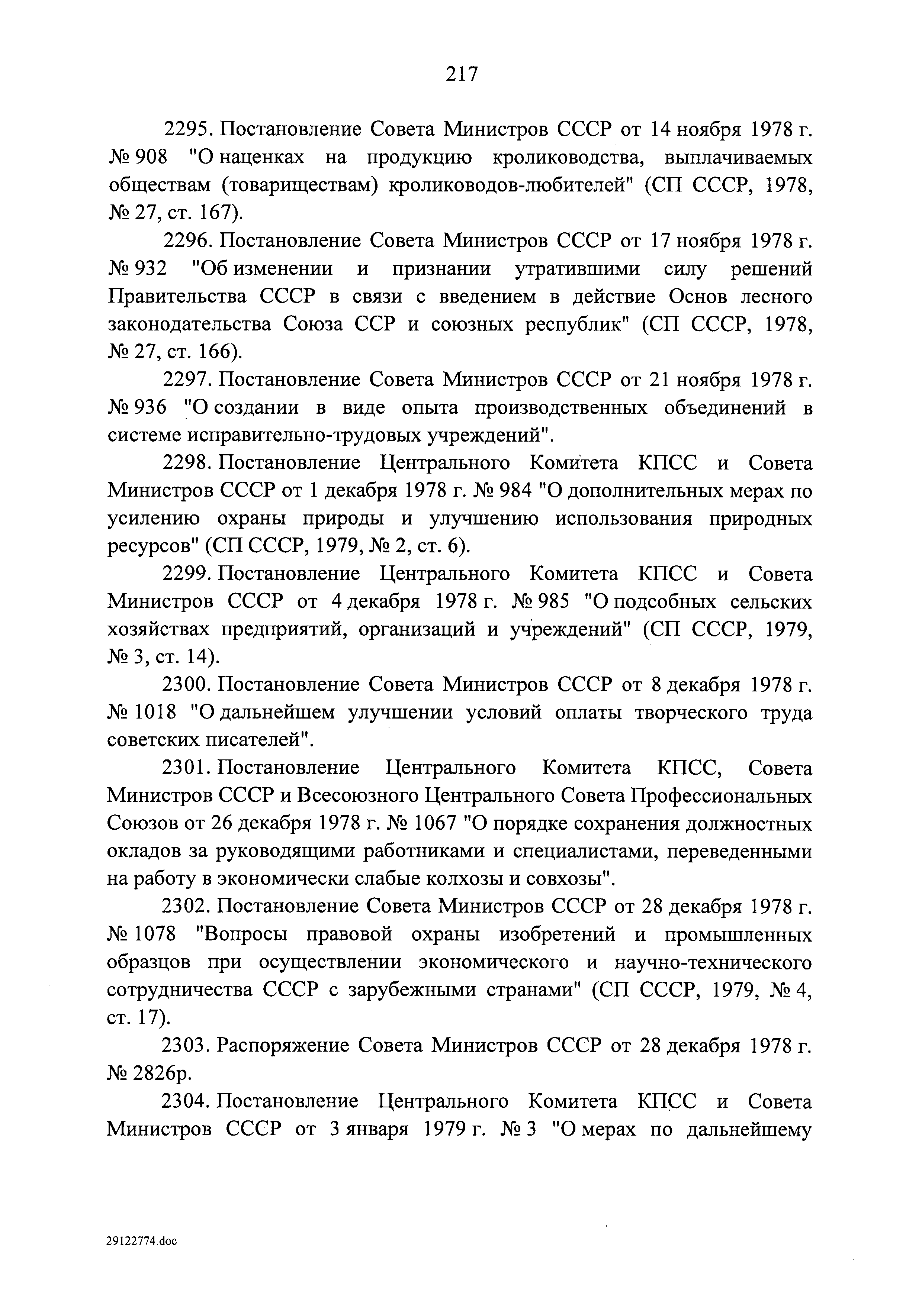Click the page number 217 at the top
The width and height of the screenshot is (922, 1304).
pos(461,74)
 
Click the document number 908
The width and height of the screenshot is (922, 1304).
pos(152,157)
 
